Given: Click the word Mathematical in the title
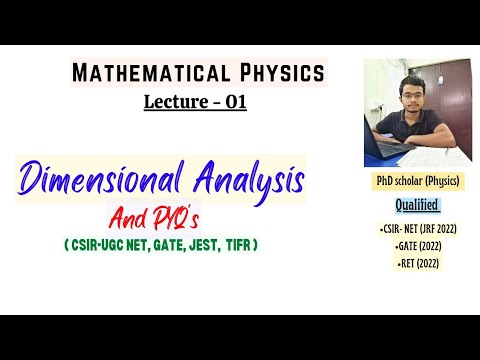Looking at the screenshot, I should (149, 73).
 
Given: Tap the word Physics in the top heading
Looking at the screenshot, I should (279, 73).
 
